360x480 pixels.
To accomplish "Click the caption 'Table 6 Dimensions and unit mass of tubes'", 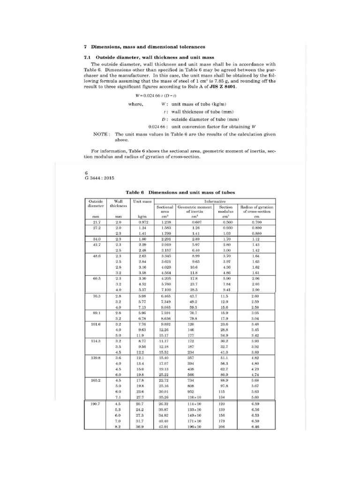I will click(180, 192).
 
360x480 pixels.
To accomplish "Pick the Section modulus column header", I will click(226, 209).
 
